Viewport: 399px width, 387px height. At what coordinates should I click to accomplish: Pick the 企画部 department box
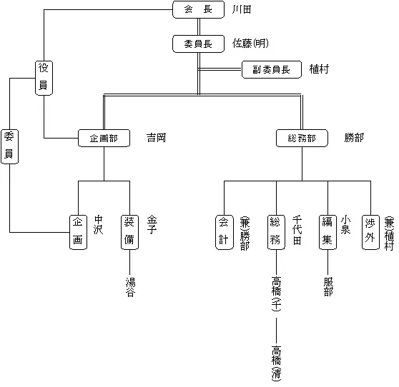[x=104, y=138]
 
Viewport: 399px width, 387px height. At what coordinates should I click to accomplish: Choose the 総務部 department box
[x=301, y=138]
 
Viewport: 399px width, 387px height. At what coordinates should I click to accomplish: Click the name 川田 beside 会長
[x=242, y=9]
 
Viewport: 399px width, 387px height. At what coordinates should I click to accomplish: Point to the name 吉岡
[x=156, y=138]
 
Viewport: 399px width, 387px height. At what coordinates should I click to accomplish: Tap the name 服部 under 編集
[x=327, y=286]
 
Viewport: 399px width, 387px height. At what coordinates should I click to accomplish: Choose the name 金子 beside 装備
[x=152, y=224]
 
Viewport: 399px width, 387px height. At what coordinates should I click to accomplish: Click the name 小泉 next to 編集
[x=346, y=224]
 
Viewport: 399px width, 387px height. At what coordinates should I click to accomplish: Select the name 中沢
[x=99, y=224]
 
